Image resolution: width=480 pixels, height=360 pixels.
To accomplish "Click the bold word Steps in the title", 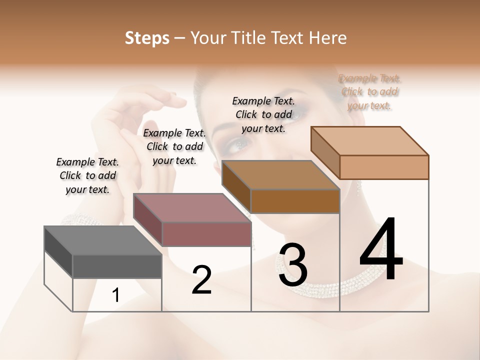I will tap(147, 38).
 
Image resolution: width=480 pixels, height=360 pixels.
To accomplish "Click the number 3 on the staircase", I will tap(293, 265).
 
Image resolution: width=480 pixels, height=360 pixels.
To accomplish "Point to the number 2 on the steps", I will tap(201, 280).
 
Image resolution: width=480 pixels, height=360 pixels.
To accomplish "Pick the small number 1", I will tap(115, 295).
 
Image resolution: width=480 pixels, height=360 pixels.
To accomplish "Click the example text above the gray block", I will tap(87, 175).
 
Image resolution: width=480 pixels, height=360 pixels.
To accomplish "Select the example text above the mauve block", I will tap(174, 146).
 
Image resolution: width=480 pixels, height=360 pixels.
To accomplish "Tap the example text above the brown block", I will tap(263, 114).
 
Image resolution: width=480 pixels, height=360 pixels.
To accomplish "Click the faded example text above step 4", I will tap(369, 91).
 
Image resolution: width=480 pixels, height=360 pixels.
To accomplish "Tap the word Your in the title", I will tap(208, 38).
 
